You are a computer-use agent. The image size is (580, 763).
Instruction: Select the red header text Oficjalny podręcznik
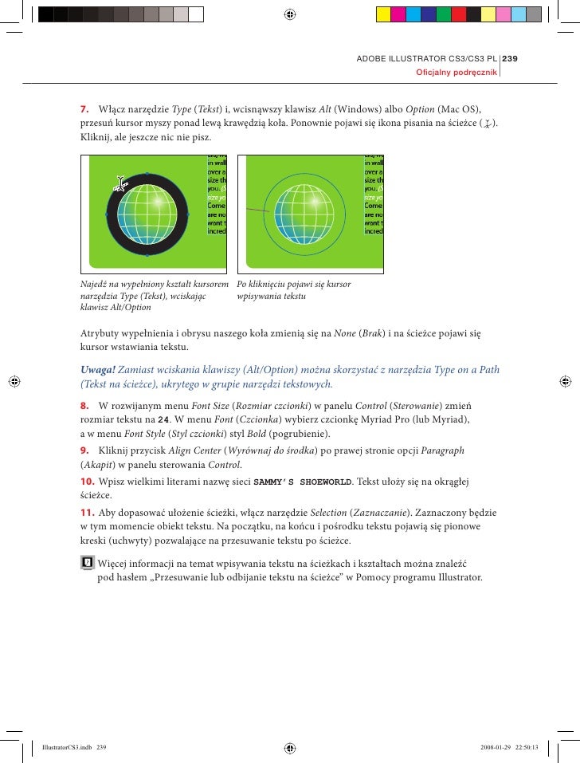pos(457,73)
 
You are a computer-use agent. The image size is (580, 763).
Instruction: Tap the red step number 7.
pos(84,108)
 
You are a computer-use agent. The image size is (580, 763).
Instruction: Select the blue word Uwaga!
pos(98,369)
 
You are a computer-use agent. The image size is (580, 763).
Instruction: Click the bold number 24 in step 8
pos(163,420)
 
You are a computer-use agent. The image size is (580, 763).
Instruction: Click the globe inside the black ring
pos(147,214)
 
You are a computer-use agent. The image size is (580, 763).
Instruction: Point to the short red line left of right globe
pos(254,211)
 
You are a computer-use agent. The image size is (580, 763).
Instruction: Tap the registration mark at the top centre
pos(290,14)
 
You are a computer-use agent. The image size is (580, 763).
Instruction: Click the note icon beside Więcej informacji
pos(88,563)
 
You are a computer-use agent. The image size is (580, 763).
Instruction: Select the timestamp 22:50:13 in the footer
pos(521,748)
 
